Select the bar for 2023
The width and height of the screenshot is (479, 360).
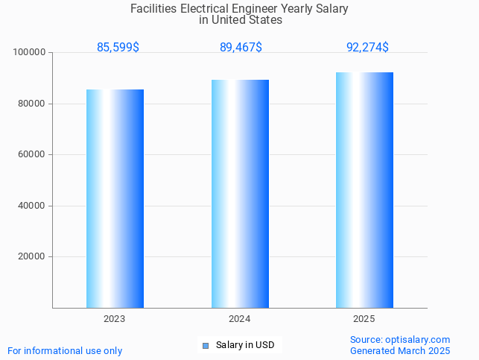point(115,198)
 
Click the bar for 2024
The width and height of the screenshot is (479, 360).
point(240,194)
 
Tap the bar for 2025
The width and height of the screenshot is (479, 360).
point(364,190)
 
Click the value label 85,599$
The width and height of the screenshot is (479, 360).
point(118,48)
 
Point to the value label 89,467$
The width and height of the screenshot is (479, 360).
point(241,48)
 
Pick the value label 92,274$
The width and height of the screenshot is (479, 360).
point(367,48)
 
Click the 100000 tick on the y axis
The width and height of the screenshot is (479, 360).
point(30,53)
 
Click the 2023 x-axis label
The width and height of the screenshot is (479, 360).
point(115,319)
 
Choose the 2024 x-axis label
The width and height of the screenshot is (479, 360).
point(240,319)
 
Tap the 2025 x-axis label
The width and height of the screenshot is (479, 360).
point(364,319)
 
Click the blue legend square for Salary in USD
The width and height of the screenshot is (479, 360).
point(206,345)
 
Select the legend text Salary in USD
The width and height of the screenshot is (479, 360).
point(245,345)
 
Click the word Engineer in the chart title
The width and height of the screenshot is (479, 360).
point(254,9)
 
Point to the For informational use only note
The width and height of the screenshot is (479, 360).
point(65,351)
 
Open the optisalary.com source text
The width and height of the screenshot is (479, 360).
point(400,340)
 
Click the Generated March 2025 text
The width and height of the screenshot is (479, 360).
point(400,351)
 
